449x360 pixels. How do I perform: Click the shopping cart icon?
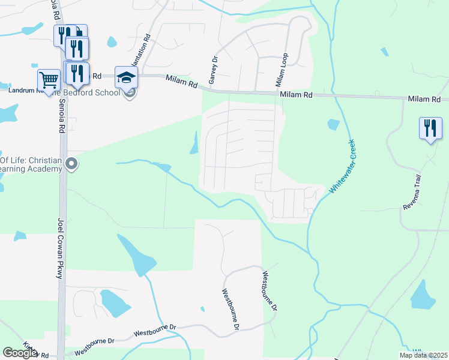pyautogui.click(x=49, y=79)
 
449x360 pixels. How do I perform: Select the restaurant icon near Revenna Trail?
pyautogui.click(x=430, y=128)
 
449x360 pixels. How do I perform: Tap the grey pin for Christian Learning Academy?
pyautogui.click(x=72, y=164)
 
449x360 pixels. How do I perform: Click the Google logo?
pyautogui.click(x=20, y=353)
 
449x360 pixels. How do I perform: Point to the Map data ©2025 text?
pyautogui.click(x=423, y=355)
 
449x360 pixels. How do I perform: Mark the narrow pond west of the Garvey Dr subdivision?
pyautogui.click(x=194, y=143)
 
